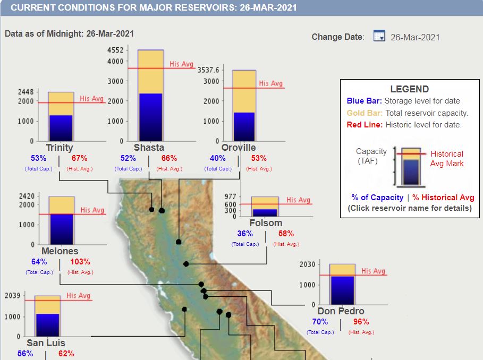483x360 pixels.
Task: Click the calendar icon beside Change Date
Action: click(379, 36)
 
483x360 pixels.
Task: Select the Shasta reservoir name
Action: click(149, 147)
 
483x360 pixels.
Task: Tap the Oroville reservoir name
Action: click(239, 147)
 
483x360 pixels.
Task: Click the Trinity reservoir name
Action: click(60, 147)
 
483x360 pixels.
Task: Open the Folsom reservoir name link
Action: click(266, 223)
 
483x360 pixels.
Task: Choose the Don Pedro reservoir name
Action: click(341, 311)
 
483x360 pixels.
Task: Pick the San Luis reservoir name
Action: click(46, 343)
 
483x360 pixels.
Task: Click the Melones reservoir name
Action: click(60, 251)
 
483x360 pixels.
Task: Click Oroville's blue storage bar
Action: click(244, 126)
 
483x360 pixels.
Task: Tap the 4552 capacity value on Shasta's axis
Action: click(115, 50)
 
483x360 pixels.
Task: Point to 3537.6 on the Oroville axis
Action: click(208, 70)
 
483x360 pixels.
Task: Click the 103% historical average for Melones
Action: click(80, 262)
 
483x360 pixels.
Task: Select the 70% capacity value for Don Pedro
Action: click(320, 322)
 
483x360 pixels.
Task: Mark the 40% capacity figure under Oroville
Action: click(218, 158)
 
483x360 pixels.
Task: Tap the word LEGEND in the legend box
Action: click(409, 89)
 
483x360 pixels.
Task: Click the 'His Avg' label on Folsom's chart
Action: click(298, 200)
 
